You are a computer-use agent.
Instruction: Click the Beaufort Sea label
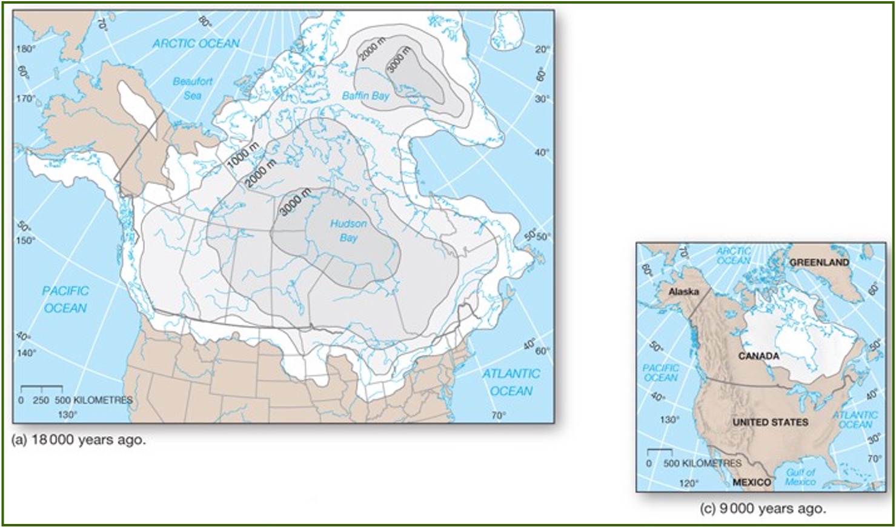(x=192, y=88)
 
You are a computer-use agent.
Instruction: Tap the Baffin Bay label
(x=365, y=96)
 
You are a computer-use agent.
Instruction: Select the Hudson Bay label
(x=348, y=231)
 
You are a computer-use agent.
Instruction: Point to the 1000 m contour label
(x=243, y=155)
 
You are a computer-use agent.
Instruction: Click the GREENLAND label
(x=819, y=262)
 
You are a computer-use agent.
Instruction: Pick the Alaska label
(x=683, y=292)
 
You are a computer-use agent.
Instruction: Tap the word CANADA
(x=758, y=356)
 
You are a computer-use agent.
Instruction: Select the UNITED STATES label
(x=770, y=422)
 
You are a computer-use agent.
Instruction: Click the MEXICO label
(x=751, y=482)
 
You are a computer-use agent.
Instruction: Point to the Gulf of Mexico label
(x=800, y=477)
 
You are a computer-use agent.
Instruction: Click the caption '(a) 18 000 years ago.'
(x=79, y=440)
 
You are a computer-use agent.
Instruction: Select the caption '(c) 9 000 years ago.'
(x=762, y=509)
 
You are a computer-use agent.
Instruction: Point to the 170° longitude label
(x=25, y=98)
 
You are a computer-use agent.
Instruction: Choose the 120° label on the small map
(x=688, y=483)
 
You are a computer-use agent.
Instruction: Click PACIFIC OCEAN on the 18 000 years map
(x=65, y=299)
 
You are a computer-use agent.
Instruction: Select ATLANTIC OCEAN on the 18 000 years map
(x=511, y=382)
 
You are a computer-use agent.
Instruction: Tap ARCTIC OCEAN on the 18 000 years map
(x=196, y=44)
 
